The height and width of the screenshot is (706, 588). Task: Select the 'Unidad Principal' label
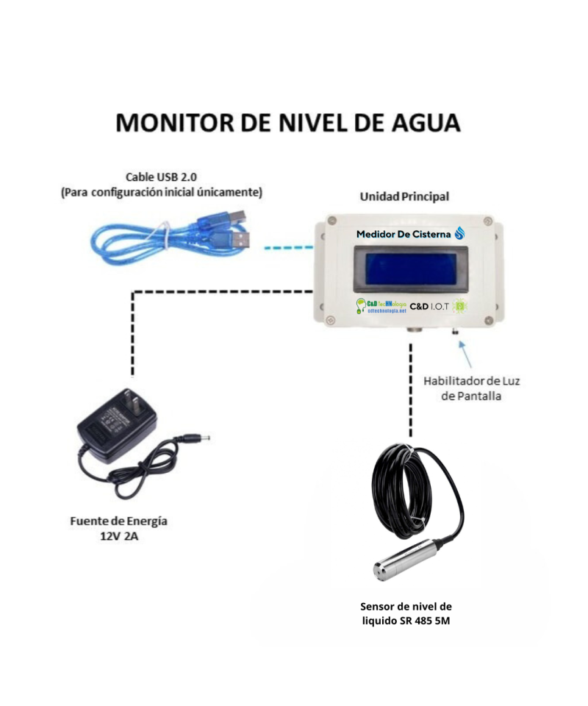(404, 197)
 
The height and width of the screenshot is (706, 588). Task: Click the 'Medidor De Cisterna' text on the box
(404, 234)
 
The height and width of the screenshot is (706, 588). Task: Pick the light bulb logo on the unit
(361, 305)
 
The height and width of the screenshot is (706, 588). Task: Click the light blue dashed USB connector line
(287, 248)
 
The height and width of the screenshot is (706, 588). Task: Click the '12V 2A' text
(118, 536)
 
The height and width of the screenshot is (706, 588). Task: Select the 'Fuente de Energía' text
(118, 521)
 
